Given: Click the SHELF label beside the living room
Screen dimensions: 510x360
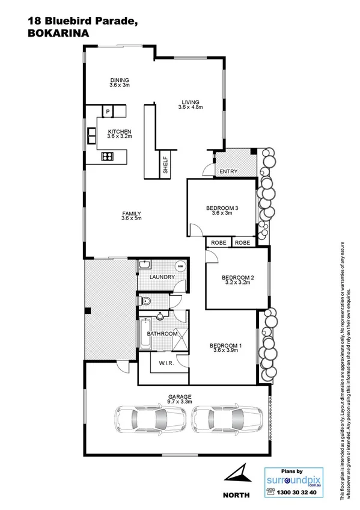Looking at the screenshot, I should (x=165, y=164).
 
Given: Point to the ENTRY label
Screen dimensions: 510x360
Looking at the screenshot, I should (x=228, y=172).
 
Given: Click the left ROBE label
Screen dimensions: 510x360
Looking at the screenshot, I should (x=217, y=242).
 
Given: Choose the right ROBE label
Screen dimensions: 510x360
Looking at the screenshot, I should (x=243, y=242).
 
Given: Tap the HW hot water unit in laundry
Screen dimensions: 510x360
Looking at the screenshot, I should (x=179, y=266).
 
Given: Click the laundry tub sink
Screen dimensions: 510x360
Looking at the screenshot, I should (x=145, y=266).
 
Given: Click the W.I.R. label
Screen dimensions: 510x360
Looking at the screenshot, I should (x=166, y=363).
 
